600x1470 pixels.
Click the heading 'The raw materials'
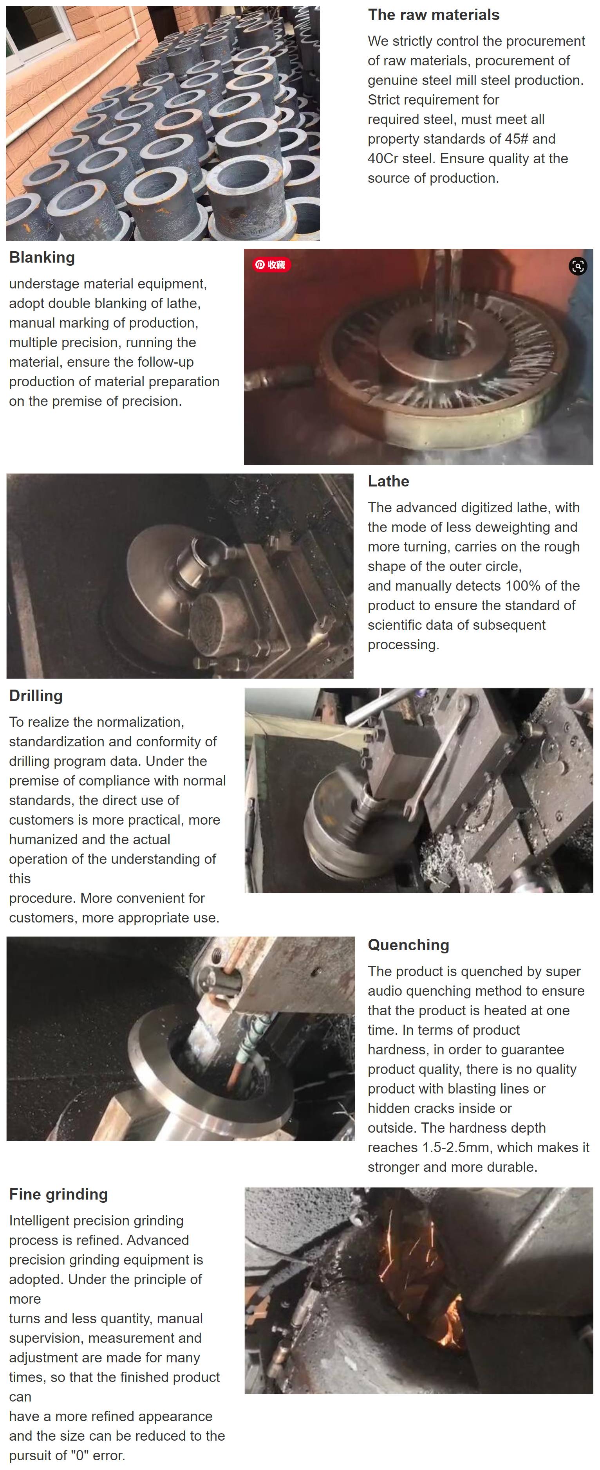coord(433,15)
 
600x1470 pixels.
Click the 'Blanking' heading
coord(42,258)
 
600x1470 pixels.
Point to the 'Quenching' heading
coord(408,945)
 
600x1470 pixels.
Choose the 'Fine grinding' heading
coord(58,1194)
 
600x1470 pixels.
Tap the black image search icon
coord(578,266)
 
